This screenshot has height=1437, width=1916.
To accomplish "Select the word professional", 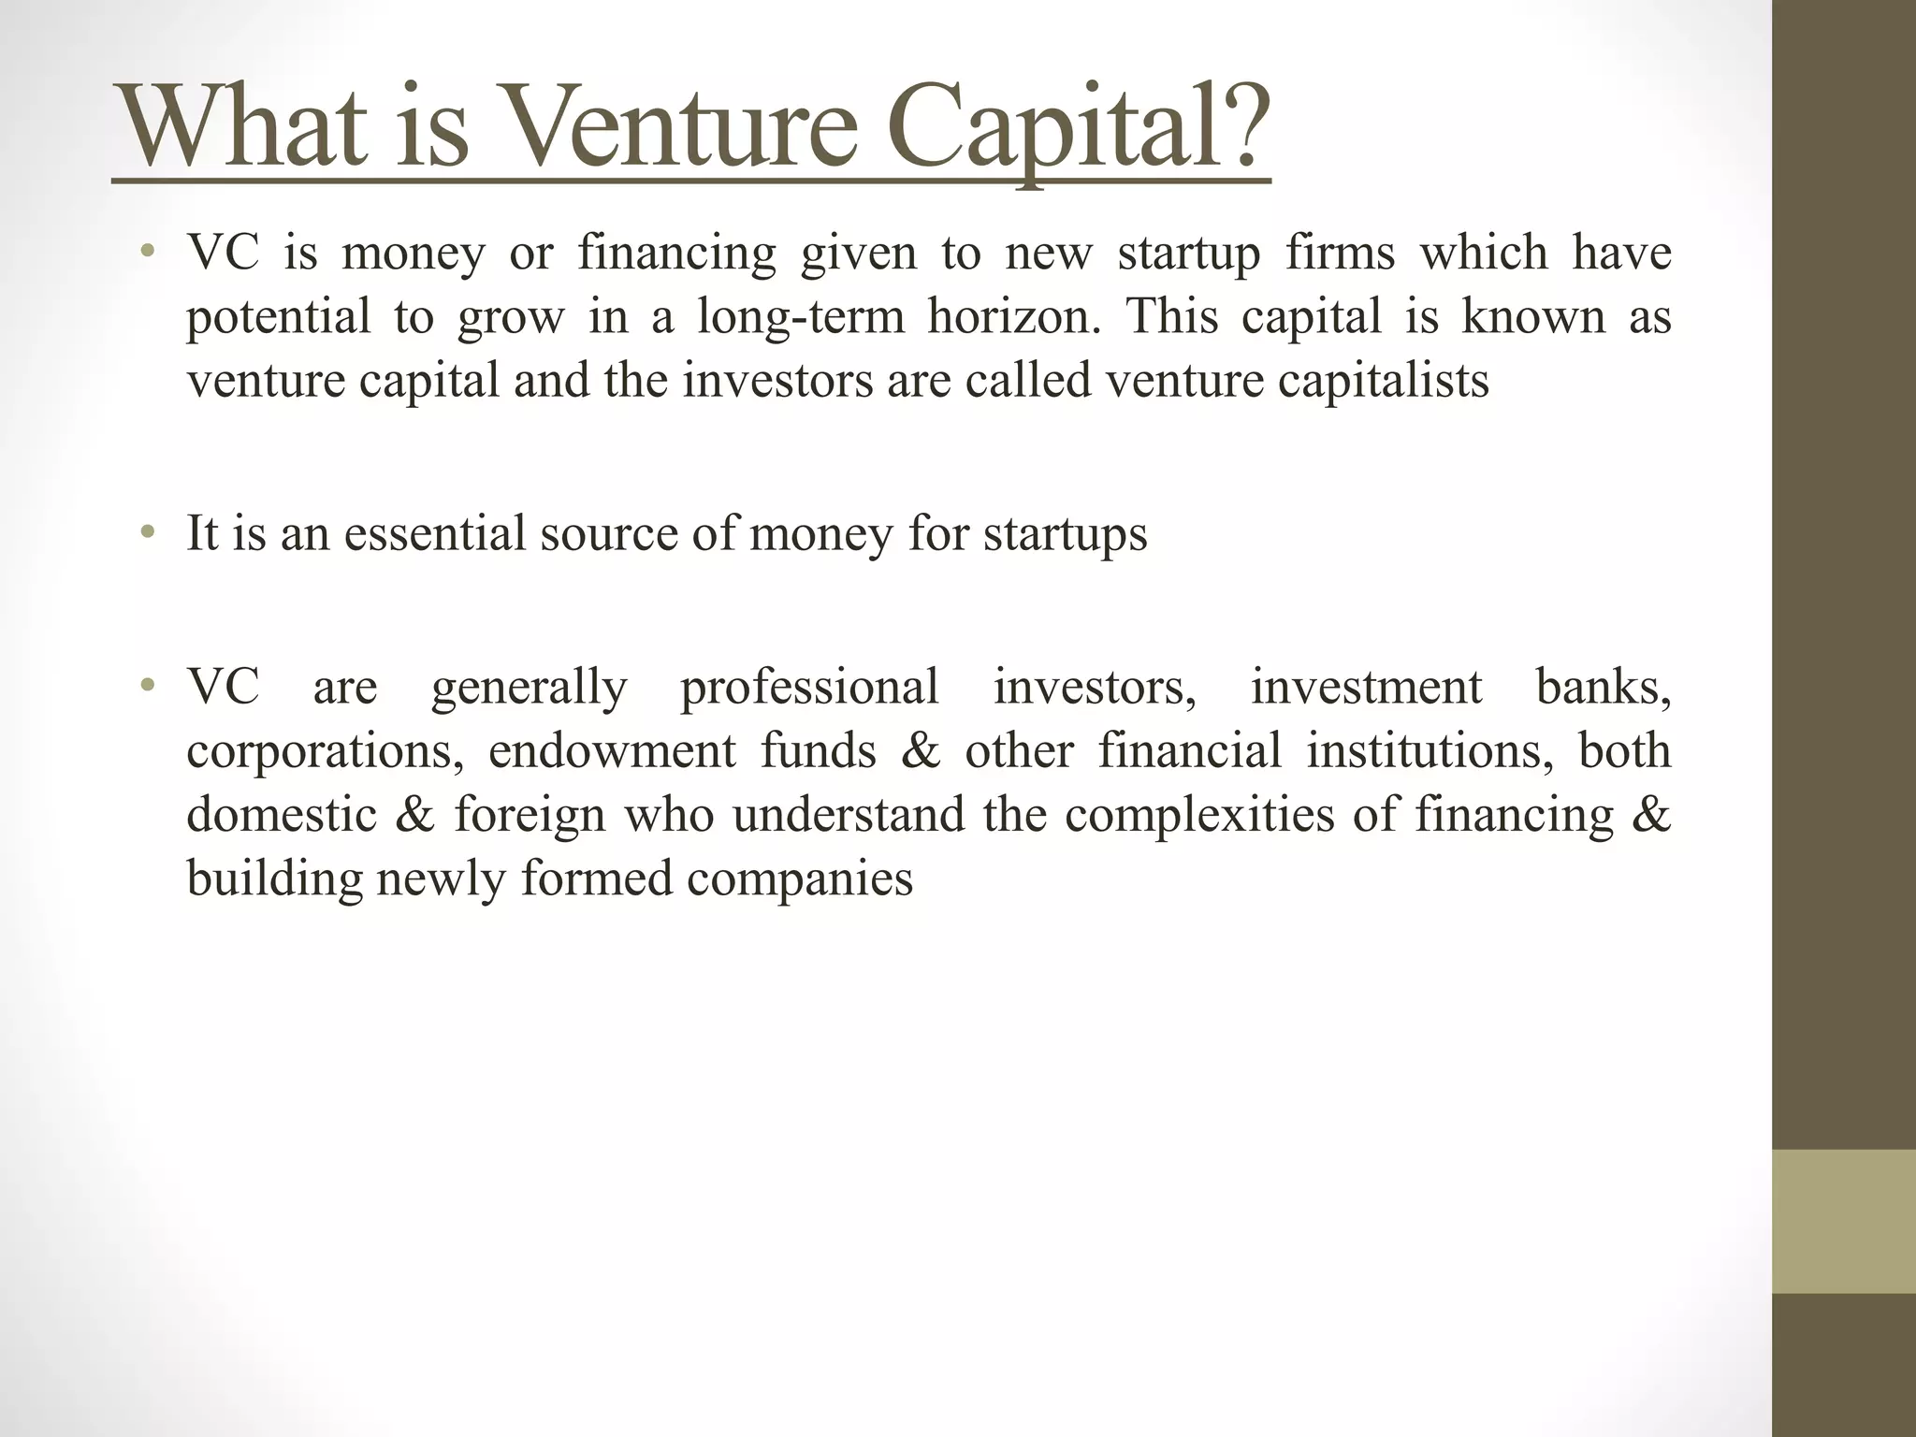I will [x=809, y=688].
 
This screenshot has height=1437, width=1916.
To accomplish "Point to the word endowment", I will [x=612, y=752].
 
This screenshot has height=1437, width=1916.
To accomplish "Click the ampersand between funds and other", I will [x=921, y=752].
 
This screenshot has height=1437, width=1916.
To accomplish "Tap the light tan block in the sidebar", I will [x=1843, y=1221].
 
